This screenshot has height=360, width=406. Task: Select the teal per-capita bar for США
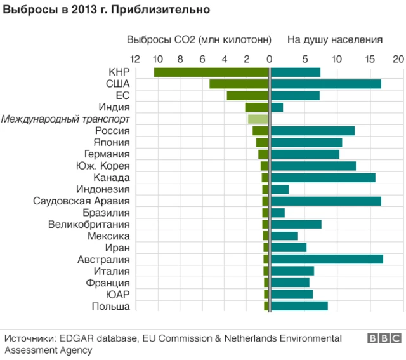coord(325,84)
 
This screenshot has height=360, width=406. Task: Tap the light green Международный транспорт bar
coord(258,119)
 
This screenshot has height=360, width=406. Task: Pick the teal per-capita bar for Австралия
coord(327,259)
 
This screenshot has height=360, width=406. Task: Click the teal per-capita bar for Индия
coord(277,107)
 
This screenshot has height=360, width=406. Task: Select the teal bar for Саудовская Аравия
coord(325,201)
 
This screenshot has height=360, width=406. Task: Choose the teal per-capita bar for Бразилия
coord(278,213)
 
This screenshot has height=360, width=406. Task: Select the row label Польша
coord(110,306)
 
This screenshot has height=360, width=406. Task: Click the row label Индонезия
coord(103,189)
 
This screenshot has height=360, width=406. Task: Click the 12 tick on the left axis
coord(134,59)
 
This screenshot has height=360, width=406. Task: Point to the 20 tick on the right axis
coord(398,59)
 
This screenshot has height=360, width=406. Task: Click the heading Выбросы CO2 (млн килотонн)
coord(199,39)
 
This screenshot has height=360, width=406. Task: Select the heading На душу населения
coord(334,39)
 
